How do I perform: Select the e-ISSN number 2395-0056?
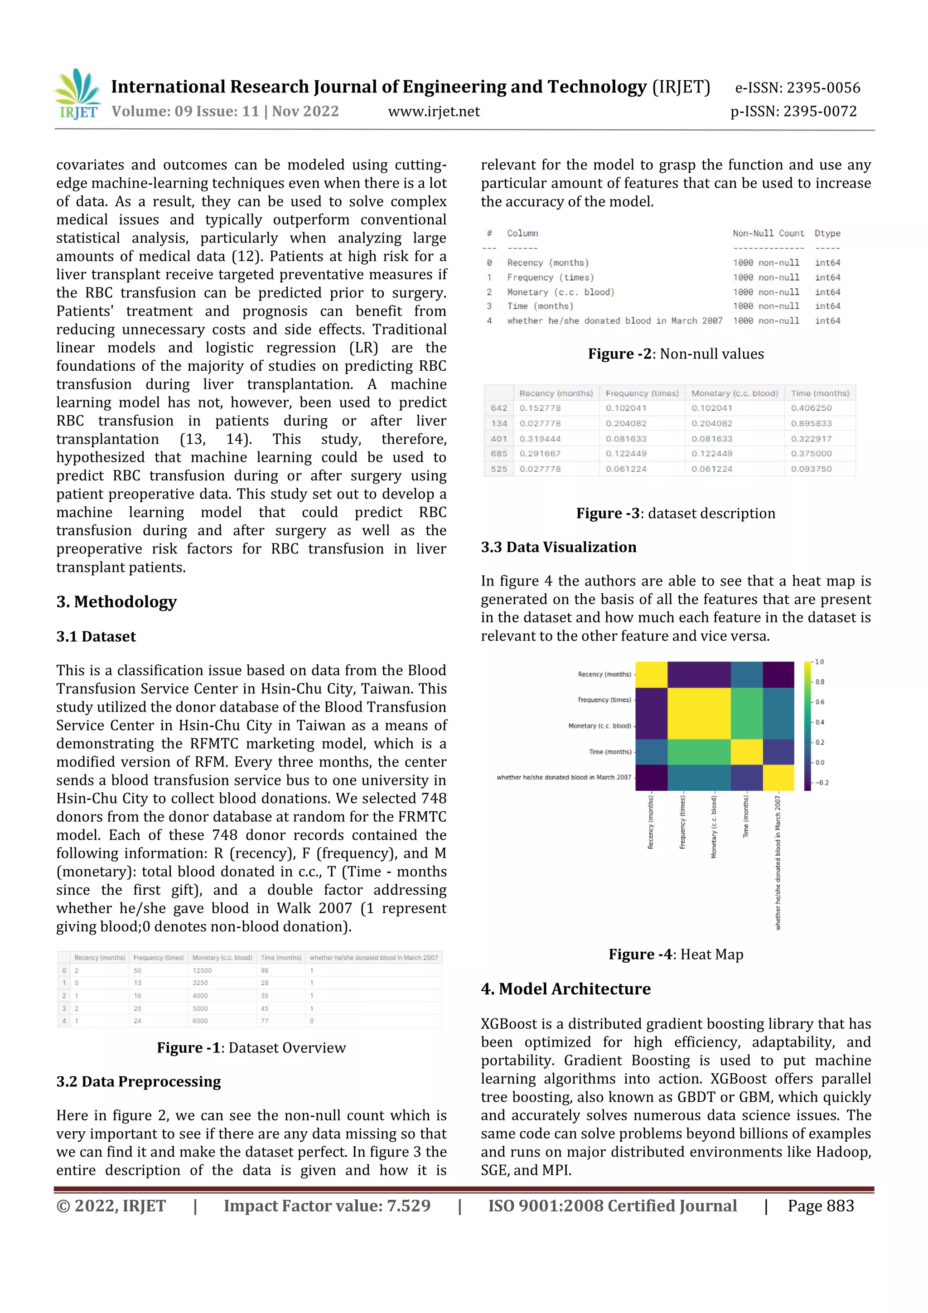coord(823,87)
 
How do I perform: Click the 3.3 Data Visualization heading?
coord(558,547)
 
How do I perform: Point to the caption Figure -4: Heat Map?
coord(676,954)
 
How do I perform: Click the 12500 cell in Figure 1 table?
coord(202,970)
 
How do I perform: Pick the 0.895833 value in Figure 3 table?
coord(811,424)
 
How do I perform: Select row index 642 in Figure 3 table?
coord(498,408)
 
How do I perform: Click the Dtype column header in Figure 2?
coord(827,233)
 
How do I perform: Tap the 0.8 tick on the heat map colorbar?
coord(819,682)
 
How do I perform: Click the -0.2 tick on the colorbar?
coord(821,783)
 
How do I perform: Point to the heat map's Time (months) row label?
coord(609,752)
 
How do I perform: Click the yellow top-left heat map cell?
coord(651,675)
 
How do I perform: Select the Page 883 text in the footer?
coord(821,1206)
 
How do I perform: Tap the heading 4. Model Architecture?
coord(565,989)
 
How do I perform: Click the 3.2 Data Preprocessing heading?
coord(138,1081)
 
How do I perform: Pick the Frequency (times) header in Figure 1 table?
coord(159,958)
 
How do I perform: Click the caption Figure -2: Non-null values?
coord(676,354)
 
